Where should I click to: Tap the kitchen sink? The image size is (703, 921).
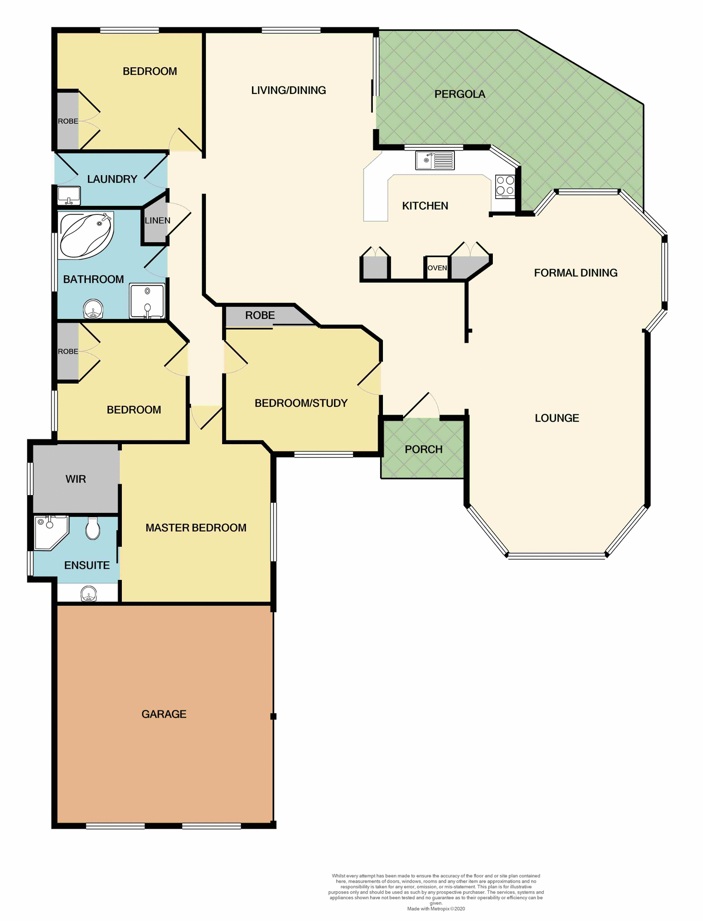[435, 160]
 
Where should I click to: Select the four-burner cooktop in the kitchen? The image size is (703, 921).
[505, 187]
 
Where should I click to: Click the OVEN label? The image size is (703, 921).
[437, 268]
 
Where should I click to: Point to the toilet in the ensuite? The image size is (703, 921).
[93, 528]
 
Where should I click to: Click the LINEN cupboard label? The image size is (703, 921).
[157, 221]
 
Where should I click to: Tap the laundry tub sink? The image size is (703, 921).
[69, 196]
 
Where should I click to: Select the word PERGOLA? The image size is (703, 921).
[460, 94]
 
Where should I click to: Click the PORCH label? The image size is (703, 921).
[423, 449]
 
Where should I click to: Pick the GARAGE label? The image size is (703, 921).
[164, 714]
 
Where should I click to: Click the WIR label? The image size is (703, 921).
[76, 479]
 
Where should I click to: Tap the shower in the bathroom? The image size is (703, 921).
[147, 301]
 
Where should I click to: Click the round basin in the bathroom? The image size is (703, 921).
[93, 309]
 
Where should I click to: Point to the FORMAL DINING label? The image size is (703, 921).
[575, 273]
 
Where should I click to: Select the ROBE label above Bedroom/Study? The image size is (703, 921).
[260, 315]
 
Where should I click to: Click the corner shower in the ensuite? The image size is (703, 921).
[50, 531]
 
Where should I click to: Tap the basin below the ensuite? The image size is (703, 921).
[88, 594]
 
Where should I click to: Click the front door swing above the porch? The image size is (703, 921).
[422, 406]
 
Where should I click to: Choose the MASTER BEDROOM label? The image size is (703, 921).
[196, 528]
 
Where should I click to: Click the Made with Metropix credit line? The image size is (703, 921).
[436, 909]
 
